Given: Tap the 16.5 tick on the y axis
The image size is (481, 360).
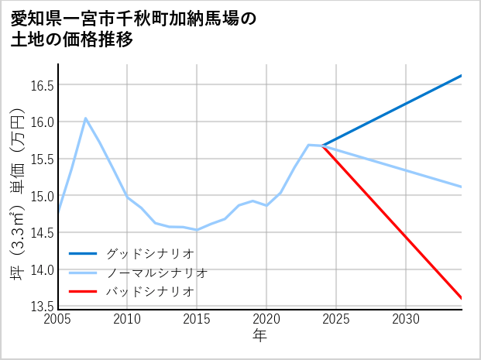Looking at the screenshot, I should click(41, 85).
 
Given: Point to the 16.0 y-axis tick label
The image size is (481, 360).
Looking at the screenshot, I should click(41, 122).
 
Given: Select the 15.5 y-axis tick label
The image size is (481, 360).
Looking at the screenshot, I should click(41, 159).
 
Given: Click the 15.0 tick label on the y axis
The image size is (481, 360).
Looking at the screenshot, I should click(41, 196).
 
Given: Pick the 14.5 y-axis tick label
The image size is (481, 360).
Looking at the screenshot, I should click(41, 233).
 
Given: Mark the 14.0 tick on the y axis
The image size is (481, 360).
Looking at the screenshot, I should click(41, 270).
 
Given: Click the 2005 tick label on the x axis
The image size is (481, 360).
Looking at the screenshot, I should click(58, 319).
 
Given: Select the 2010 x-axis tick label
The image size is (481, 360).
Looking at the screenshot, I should click(128, 319).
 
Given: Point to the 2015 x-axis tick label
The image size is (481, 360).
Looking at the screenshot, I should click(198, 319).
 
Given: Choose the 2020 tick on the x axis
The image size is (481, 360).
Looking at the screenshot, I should click(266, 319).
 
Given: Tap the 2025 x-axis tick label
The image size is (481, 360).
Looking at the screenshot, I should click(336, 319).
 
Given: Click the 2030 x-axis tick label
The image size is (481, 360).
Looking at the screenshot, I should click(406, 319).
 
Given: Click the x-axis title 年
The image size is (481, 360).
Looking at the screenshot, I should click(259, 335).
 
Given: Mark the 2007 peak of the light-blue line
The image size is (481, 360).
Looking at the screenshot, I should click(85, 118).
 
